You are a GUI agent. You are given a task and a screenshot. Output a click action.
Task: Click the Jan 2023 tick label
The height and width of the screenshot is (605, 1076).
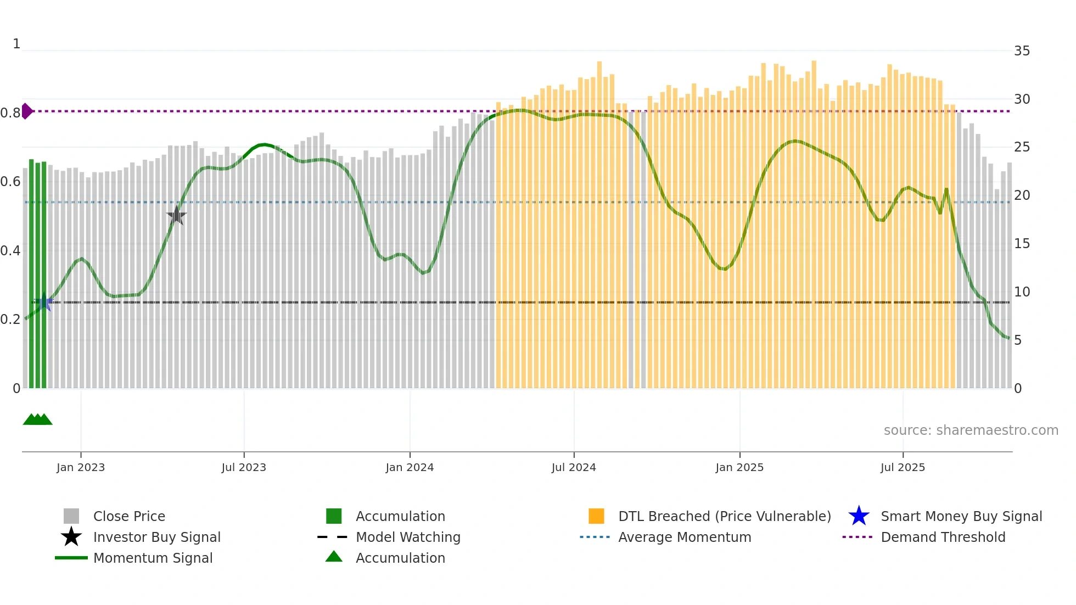coord(81,467)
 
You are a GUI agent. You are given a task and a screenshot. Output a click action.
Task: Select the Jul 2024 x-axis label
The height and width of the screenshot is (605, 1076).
coord(574,467)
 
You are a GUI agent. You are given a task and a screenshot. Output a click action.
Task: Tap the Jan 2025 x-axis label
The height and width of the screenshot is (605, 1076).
coord(739,467)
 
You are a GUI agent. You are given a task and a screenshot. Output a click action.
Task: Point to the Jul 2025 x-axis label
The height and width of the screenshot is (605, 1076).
coord(903,467)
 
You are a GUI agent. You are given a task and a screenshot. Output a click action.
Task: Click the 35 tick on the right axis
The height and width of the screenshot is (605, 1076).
coord(1022,51)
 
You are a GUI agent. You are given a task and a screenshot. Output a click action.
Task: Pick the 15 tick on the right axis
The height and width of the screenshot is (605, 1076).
coord(1022,244)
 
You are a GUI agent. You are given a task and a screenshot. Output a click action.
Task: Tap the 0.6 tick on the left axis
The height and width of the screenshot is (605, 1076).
coord(10,182)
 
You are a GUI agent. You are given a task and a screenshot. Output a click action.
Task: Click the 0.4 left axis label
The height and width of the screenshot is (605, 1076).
coord(10,251)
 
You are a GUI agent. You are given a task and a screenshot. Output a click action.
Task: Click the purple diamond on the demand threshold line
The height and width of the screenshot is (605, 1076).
coord(27,111)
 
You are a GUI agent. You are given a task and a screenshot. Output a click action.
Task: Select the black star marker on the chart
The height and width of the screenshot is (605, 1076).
coord(176,216)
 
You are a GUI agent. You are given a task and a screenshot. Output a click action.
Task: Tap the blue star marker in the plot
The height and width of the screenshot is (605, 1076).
coord(44,302)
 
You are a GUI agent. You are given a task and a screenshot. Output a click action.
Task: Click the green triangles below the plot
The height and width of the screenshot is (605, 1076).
coord(37,419)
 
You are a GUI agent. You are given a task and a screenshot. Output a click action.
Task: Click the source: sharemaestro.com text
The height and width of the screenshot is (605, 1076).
coord(971,430)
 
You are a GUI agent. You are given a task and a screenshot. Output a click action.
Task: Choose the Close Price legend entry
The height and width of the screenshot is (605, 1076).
coord(129,516)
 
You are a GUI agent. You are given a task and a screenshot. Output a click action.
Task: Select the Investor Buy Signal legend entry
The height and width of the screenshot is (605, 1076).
coord(156,537)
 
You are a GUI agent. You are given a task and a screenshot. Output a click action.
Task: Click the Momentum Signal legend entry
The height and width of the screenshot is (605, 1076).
coord(153,558)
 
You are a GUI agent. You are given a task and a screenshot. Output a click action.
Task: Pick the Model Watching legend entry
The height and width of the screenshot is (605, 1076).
coord(408,537)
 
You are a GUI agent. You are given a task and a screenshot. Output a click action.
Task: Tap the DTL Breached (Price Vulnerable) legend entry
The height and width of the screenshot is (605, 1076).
coord(724,516)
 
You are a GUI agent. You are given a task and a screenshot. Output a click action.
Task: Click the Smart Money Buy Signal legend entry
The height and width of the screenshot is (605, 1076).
coord(961,516)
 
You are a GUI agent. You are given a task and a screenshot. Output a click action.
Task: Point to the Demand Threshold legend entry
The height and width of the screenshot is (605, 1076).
coord(943,537)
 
